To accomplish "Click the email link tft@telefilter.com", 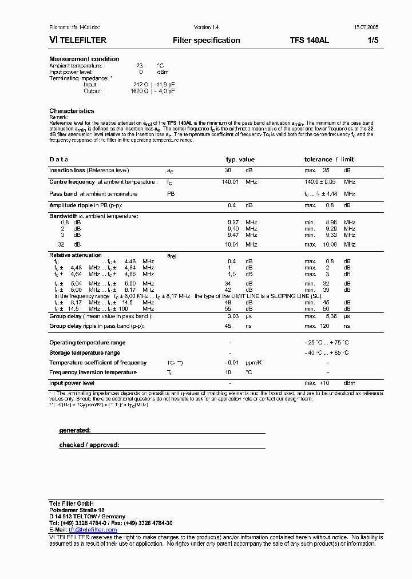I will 93,530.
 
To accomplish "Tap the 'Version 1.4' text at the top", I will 206,27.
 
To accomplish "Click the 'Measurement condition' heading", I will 84,59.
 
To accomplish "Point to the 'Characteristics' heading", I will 72,111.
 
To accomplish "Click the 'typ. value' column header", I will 240,160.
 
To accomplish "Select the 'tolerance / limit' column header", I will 329,160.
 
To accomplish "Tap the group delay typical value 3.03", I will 233,316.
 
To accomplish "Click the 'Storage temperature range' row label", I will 85,353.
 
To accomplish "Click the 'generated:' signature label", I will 75,430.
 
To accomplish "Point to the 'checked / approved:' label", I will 89,445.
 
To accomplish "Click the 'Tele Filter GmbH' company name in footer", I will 72,503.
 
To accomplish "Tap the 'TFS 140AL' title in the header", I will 309,41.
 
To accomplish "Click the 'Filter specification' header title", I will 206,41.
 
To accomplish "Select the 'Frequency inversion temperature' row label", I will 93,372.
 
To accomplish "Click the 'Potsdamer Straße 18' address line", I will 77,510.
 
